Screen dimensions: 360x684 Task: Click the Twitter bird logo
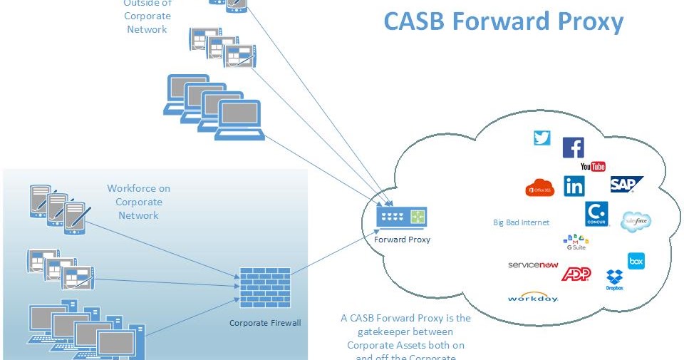542,138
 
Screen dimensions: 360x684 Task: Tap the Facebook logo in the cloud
573,148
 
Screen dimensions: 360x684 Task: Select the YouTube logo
593,166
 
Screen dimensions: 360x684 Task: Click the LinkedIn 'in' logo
574,186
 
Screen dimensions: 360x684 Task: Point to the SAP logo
626,185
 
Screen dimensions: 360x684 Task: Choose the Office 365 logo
539,187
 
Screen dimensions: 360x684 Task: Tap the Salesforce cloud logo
636,221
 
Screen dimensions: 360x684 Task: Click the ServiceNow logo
533,264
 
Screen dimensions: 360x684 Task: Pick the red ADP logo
576,273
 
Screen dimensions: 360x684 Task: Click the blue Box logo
636,261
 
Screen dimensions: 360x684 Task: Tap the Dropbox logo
614,279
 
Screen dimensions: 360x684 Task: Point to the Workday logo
533,297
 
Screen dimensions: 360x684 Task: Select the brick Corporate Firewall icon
265,287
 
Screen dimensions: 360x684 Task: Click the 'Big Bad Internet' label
521,222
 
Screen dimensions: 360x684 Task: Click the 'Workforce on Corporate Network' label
139,202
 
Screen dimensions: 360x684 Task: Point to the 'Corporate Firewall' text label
265,323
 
